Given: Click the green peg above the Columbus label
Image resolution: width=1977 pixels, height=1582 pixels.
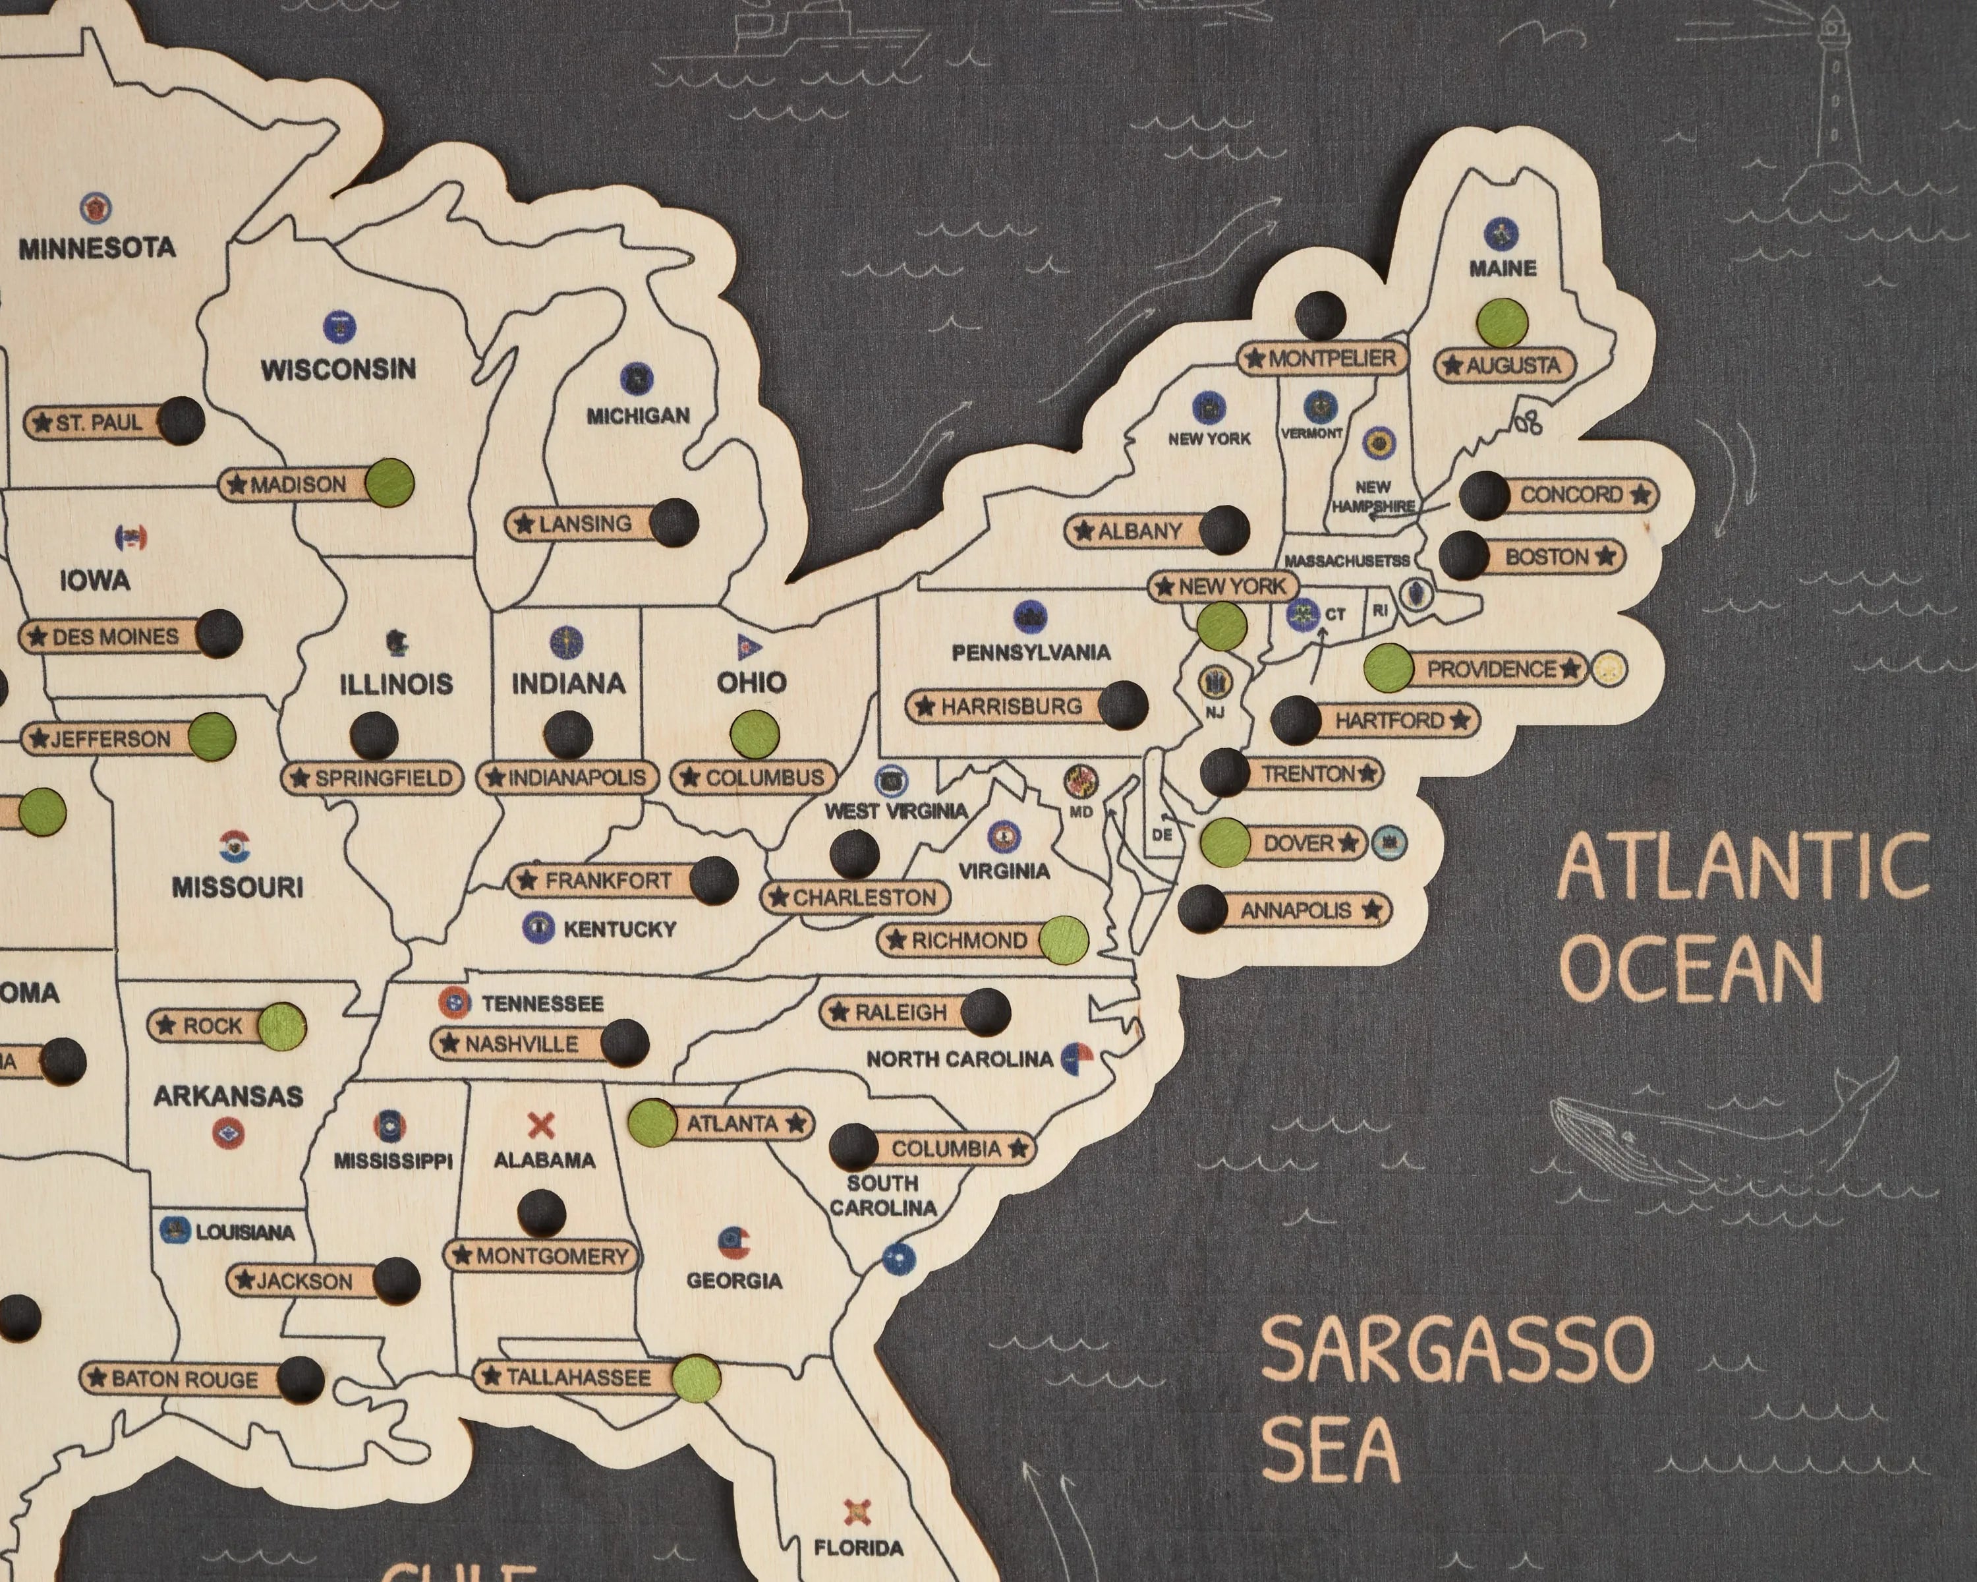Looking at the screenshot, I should pos(755,734).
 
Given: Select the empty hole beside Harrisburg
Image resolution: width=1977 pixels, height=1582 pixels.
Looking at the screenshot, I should pos(1122,705).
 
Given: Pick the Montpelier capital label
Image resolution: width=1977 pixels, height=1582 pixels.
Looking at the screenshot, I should pos(1321,359).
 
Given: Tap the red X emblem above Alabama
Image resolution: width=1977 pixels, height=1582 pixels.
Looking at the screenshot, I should pos(542,1125).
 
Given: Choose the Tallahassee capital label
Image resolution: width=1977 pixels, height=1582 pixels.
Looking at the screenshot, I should pos(578,1376).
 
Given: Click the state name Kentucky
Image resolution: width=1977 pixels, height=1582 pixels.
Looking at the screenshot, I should pos(619,929).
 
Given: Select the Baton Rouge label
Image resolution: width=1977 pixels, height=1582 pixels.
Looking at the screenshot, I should pos(183,1378).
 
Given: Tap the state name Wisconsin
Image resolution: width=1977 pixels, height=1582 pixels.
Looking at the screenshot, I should pos(337,370).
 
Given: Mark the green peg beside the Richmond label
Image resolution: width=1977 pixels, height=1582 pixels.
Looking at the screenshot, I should pos(1064,939).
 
